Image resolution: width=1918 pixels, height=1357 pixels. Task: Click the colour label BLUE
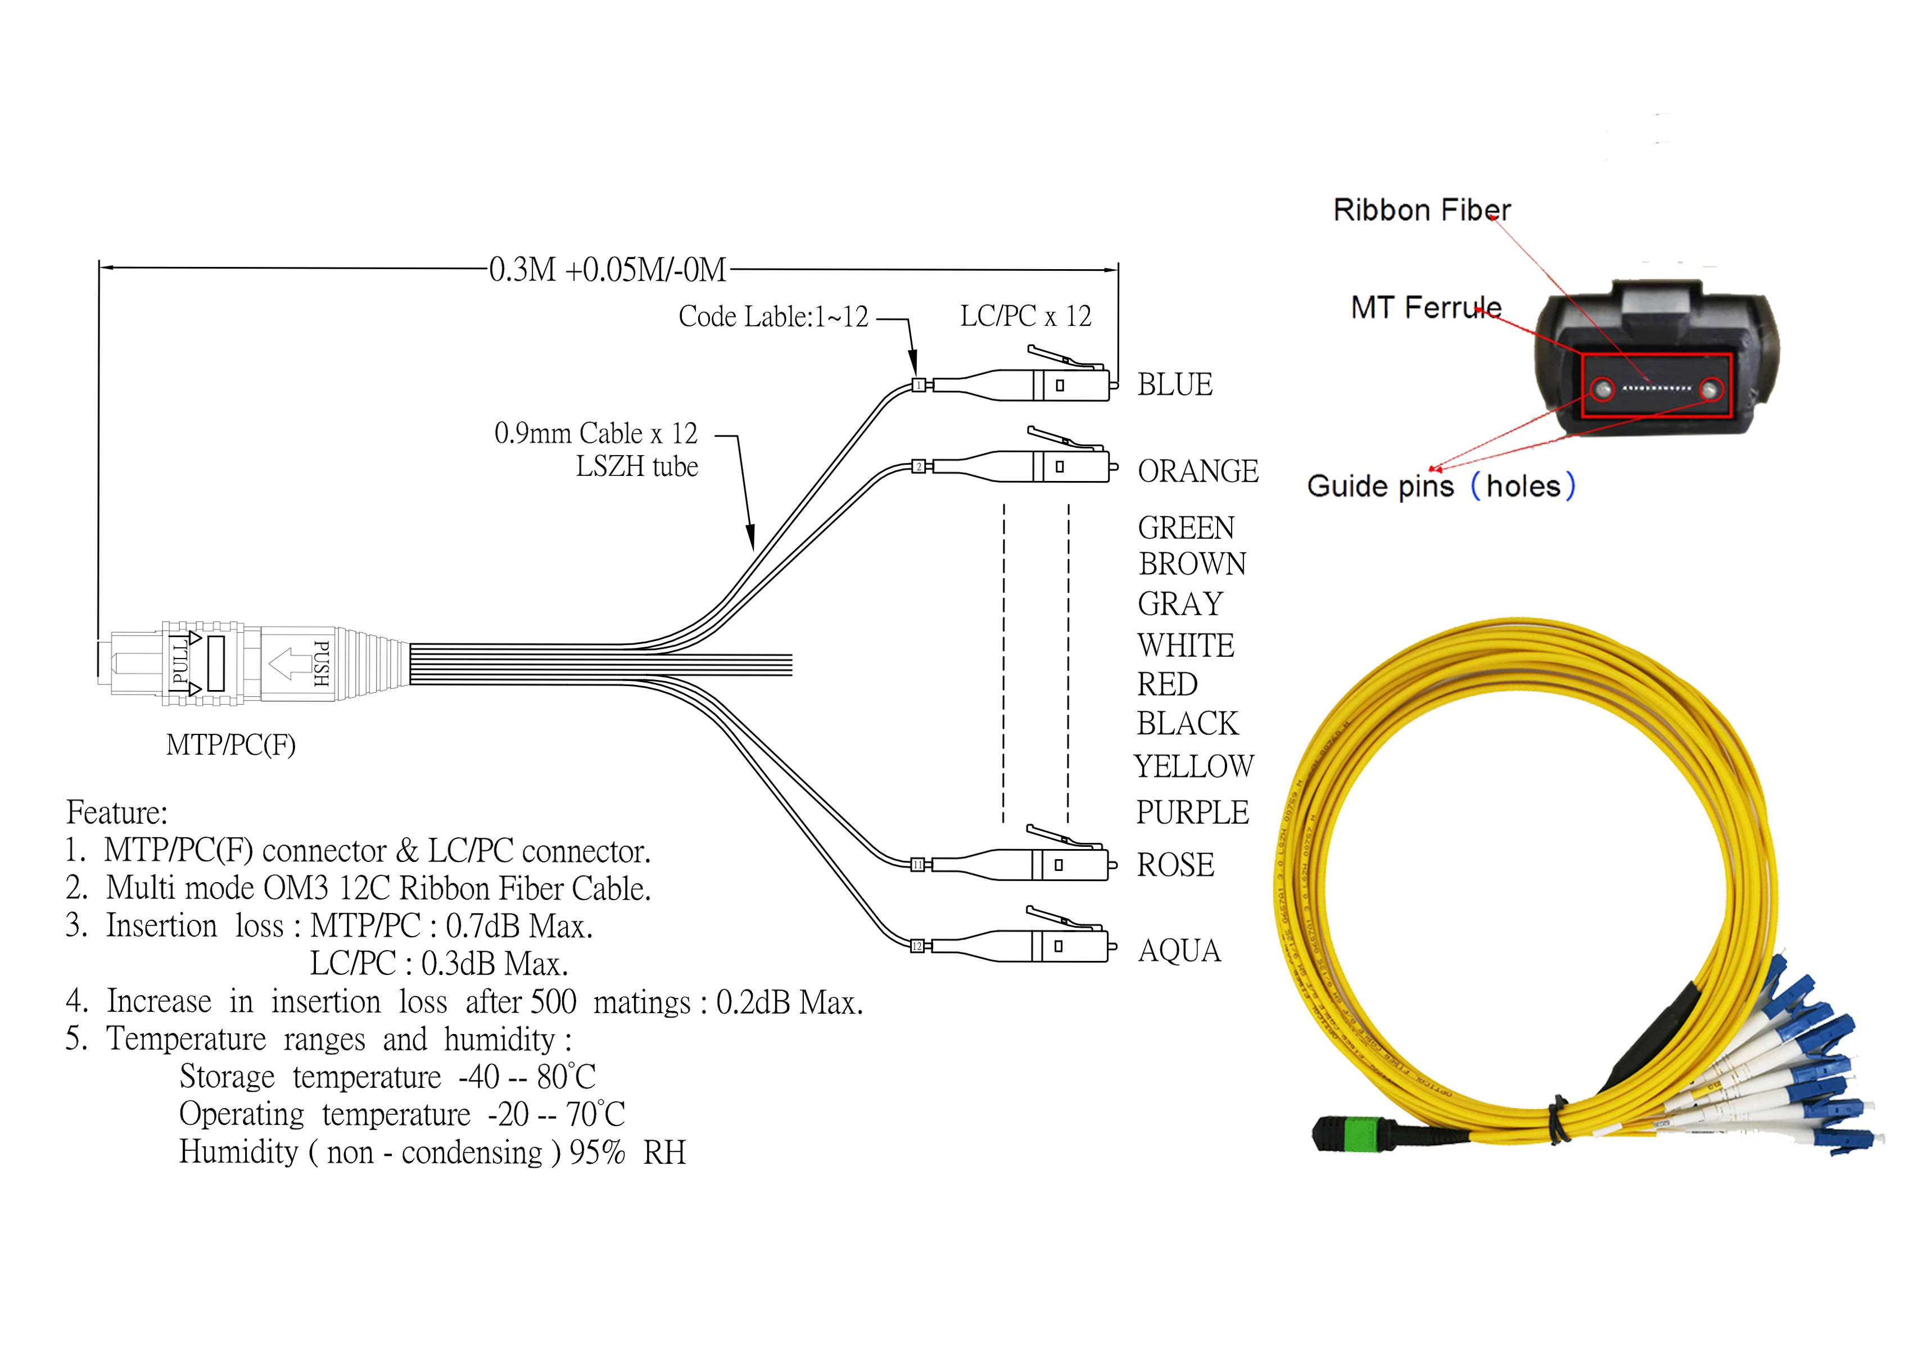[1174, 385]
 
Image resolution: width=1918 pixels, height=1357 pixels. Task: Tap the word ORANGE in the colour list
[1197, 472]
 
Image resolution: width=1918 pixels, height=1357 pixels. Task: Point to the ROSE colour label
[1175, 865]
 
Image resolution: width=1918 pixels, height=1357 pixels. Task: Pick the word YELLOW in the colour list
[1193, 766]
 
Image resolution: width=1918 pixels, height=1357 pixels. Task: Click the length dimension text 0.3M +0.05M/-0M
[608, 270]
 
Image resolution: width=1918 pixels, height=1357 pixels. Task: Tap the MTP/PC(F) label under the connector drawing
[230, 745]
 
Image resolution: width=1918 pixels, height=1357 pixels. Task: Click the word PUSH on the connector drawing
[321, 664]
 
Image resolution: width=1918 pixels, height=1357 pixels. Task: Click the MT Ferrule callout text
[1426, 307]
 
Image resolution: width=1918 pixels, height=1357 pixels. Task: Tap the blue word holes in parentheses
[1523, 486]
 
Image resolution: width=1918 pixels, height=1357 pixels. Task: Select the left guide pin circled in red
[1602, 389]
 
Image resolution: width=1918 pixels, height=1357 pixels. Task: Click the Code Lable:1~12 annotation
[773, 317]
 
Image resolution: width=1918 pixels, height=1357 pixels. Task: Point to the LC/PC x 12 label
[1025, 316]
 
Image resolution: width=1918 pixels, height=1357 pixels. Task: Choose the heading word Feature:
[117, 812]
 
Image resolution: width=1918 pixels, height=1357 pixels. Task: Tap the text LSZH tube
[637, 466]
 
